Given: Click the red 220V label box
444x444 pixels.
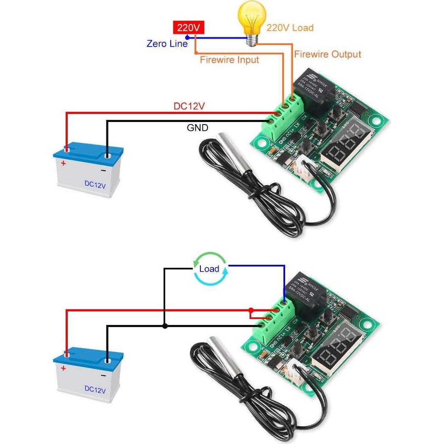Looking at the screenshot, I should click(x=188, y=28).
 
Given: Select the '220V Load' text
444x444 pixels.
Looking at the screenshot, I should click(x=290, y=28).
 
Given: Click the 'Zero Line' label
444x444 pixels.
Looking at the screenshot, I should click(x=166, y=43).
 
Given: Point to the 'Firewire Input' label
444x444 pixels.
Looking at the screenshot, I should click(x=229, y=60).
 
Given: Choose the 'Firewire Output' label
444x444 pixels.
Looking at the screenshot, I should click(x=327, y=54).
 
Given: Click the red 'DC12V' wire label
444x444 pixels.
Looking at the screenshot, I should click(x=189, y=106).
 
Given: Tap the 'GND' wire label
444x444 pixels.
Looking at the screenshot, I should click(x=197, y=127).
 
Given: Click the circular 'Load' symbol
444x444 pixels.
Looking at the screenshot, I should click(x=209, y=268).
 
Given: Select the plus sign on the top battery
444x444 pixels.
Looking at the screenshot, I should click(x=64, y=163).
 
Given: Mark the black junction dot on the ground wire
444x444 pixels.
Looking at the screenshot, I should click(x=165, y=326).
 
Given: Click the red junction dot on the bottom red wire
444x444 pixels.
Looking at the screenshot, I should click(x=251, y=310).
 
